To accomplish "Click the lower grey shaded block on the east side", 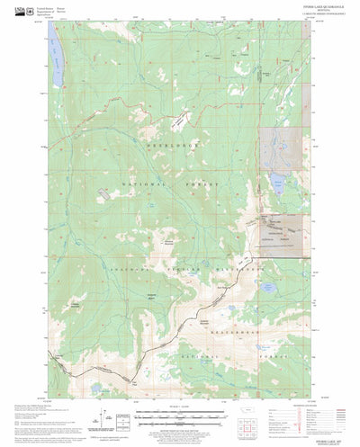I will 280,229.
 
